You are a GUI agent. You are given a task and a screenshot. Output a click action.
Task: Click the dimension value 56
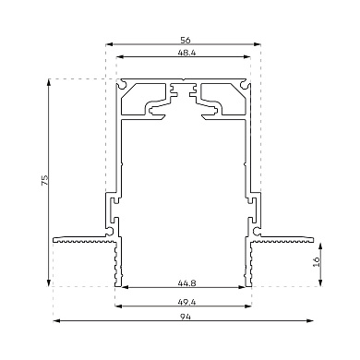point(186,40)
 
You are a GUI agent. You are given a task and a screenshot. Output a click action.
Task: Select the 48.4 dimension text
point(186,53)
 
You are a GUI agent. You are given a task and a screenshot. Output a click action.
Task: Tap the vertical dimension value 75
point(45,180)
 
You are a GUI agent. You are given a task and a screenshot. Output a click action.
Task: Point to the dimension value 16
point(317,261)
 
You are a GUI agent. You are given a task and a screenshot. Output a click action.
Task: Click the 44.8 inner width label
point(186,282)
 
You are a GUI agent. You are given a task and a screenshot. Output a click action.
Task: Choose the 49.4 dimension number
point(186,302)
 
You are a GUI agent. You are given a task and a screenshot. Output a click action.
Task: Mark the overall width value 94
point(186,317)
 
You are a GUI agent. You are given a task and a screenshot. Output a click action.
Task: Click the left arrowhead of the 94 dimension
point(56,321)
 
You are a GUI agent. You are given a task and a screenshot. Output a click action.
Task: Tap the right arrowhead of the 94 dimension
point(310,321)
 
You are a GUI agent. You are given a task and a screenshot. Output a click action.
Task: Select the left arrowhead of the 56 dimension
point(109,44)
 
